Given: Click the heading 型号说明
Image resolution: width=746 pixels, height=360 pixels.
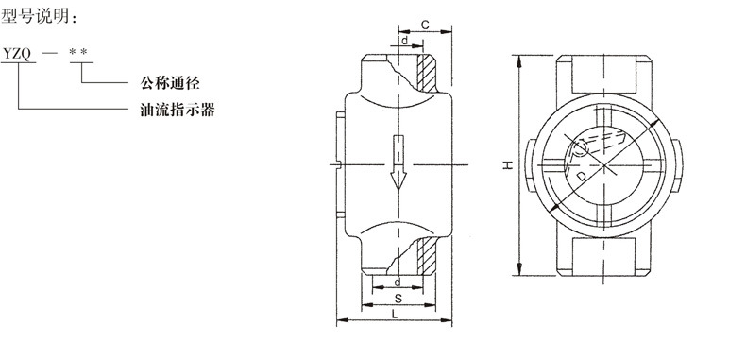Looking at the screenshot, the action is click(39, 18).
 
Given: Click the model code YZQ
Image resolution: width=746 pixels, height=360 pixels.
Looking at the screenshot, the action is click(18, 54).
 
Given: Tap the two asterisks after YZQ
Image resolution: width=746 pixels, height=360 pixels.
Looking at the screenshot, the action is click(78, 51).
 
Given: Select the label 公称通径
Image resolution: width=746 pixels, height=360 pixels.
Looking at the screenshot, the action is click(170, 82).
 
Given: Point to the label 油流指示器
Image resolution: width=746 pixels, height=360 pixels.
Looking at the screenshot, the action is click(178, 110).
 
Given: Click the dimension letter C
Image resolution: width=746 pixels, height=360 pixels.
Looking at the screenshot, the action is click(425, 25).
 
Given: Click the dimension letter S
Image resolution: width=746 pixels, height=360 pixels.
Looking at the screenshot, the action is click(398, 299).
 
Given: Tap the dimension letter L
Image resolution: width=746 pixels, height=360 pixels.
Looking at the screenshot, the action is click(395, 314).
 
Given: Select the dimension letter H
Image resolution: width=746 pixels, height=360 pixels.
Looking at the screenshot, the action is click(508, 165).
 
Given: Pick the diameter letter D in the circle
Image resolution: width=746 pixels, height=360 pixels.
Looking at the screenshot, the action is click(582, 176).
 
